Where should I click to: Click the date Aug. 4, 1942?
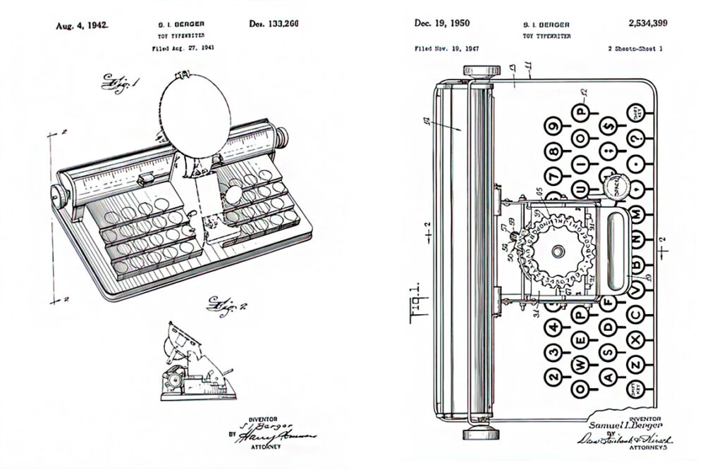click(x=82, y=25)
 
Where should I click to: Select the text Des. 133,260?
click(x=274, y=24)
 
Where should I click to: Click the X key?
click(x=636, y=339)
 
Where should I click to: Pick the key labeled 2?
click(x=554, y=375)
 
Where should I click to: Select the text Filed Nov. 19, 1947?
click(x=446, y=50)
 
